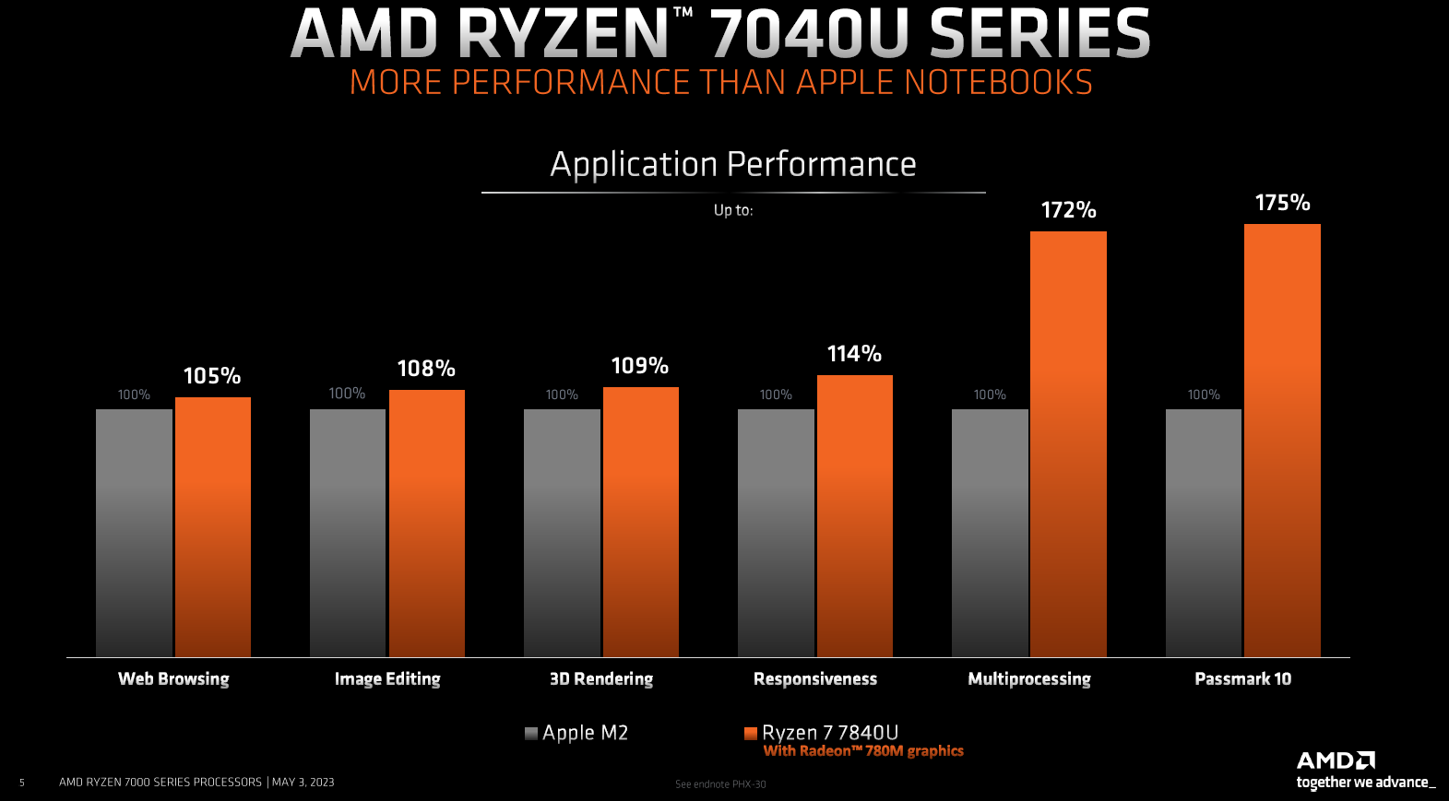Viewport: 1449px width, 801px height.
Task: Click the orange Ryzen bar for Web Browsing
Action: pyautogui.click(x=213, y=526)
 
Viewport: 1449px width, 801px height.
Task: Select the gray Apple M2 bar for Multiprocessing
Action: pyautogui.click(x=990, y=533)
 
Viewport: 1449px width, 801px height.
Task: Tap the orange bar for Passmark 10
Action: pyautogui.click(x=1282, y=440)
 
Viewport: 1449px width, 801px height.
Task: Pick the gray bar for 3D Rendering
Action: pyautogui.click(x=562, y=533)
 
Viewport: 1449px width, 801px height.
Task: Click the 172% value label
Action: pyautogui.click(x=1068, y=210)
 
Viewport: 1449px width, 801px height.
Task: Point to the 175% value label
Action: pyautogui.click(x=1282, y=203)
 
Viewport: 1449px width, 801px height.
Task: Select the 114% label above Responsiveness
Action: pyautogui.click(x=854, y=354)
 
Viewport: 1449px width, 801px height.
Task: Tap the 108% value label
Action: pyautogui.click(x=426, y=369)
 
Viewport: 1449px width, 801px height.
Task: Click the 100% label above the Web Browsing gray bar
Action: pyautogui.click(x=134, y=395)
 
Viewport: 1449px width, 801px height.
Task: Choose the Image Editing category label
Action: pyautogui.click(x=387, y=679)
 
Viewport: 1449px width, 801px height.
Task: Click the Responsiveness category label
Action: pyautogui.click(x=815, y=679)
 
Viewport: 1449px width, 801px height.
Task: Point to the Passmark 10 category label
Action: pyautogui.click(x=1242, y=679)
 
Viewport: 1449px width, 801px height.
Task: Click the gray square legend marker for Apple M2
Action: pyautogui.click(x=531, y=734)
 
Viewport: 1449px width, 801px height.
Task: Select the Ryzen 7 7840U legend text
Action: pyautogui.click(x=830, y=733)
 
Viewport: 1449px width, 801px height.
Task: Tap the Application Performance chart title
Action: pyautogui.click(x=733, y=164)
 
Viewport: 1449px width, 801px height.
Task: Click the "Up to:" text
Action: pyautogui.click(x=733, y=210)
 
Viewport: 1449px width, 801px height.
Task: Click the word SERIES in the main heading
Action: pyautogui.click(x=1039, y=34)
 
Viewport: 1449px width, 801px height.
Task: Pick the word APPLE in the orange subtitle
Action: pyautogui.click(x=845, y=83)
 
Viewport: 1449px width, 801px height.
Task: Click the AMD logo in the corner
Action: pyautogui.click(x=1336, y=760)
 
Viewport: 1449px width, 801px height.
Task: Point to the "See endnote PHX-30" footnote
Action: pyautogui.click(x=720, y=784)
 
